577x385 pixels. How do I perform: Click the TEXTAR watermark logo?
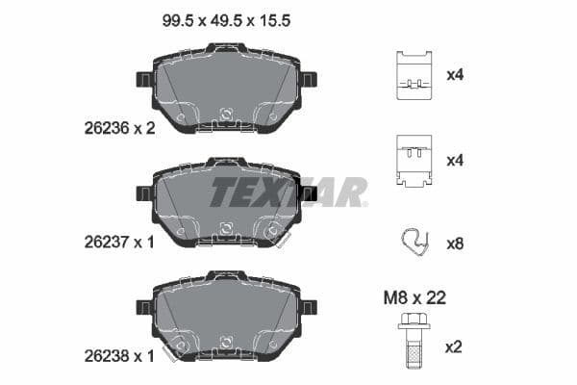(x=288, y=192)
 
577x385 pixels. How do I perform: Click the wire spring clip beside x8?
(x=414, y=242)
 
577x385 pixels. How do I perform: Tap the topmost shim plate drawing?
(x=414, y=75)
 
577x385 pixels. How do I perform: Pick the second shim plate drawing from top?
(x=414, y=159)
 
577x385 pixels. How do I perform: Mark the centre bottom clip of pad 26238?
(x=227, y=341)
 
